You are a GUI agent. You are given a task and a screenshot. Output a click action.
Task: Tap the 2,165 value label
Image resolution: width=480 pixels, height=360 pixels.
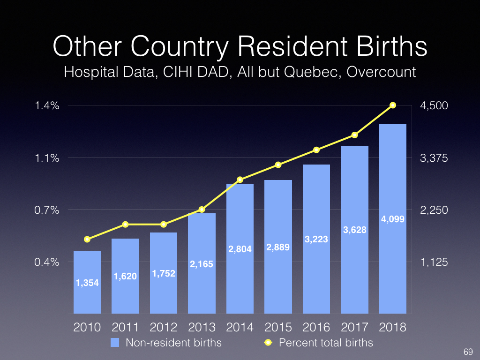202,264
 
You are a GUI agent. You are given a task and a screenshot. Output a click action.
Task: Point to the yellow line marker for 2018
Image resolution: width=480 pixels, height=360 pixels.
393,105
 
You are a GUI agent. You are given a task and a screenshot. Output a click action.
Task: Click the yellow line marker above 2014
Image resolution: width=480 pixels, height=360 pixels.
240,180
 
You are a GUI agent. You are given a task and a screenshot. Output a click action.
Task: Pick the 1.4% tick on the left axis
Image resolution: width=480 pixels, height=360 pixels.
48,106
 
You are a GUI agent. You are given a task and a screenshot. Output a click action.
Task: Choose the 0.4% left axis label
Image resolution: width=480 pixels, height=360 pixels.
48,262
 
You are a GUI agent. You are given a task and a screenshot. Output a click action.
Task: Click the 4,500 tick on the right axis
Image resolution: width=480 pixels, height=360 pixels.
434,106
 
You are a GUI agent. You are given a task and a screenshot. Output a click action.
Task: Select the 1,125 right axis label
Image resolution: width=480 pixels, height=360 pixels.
434,262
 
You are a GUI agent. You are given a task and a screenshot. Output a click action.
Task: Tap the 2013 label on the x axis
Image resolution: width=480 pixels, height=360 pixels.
202,327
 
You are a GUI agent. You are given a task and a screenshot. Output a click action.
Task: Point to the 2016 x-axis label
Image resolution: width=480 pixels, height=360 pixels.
316,327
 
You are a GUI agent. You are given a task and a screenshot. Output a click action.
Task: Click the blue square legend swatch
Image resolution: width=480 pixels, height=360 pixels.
115,343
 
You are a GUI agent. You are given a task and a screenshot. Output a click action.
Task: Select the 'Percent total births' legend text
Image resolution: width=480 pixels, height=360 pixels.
326,343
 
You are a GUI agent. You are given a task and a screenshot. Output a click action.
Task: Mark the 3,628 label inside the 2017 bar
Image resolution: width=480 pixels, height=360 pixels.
355,230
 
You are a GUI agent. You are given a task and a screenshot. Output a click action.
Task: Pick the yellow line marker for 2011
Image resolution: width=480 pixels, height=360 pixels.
125,224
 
